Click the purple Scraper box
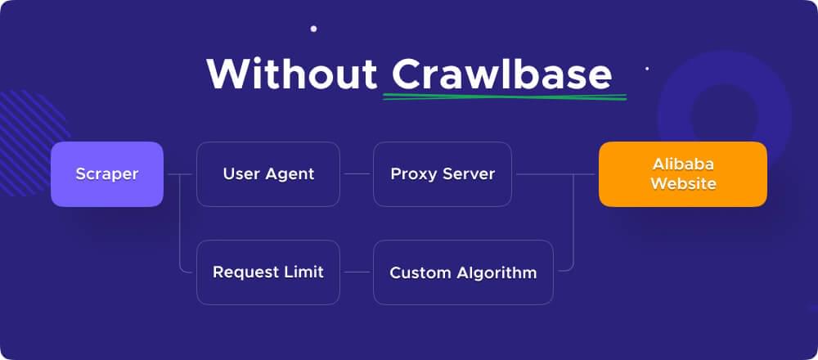pyautogui.click(x=107, y=174)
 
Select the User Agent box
pyautogui.click(x=268, y=174)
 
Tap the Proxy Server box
pyautogui.click(x=443, y=174)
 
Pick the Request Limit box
pyautogui.click(x=268, y=272)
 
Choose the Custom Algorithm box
pyautogui.click(x=463, y=272)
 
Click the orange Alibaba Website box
pyautogui.click(x=683, y=174)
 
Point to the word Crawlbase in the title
pyautogui.click(x=501, y=74)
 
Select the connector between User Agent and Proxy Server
pyautogui.click(x=357, y=174)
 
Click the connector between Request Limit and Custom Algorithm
pyautogui.click(x=357, y=272)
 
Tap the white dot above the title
pyautogui.click(x=313, y=29)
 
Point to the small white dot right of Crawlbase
pyautogui.click(x=647, y=69)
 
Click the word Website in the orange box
pyautogui.click(x=683, y=184)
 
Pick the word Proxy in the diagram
pyautogui.click(x=411, y=174)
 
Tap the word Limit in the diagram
pyautogui.click(x=302, y=272)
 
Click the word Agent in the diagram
pyautogui.click(x=293, y=174)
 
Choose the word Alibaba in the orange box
pyautogui.click(x=683, y=164)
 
